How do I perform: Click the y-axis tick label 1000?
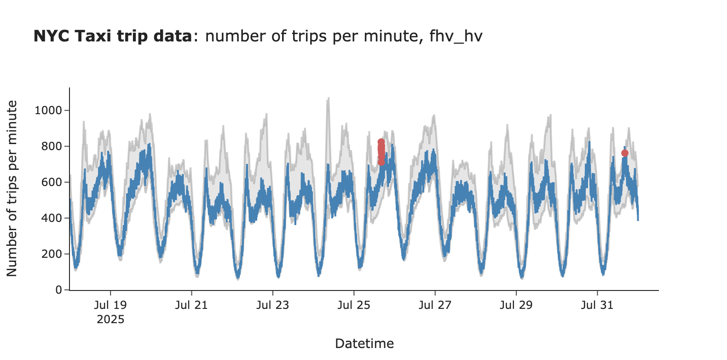[x=48, y=110]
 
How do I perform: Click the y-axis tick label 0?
[x=59, y=290]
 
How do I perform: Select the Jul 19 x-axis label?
[x=110, y=305]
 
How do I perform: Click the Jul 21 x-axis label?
[x=191, y=305]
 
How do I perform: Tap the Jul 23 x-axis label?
[x=272, y=305]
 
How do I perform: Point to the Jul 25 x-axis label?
[x=354, y=305]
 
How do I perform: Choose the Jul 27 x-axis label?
[x=435, y=305]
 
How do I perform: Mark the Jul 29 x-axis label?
[x=516, y=305]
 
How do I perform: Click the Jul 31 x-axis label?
[x=597, y=305]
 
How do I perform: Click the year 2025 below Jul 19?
[x=110, y=319]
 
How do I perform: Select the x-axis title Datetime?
[x=364, y=343]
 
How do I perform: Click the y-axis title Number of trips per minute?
[x=12, y=189]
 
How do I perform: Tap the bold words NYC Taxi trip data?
[x=113, y=36]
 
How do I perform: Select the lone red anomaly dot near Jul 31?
[x=624, y=153]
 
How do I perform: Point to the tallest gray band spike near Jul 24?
[x=328, y=99]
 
